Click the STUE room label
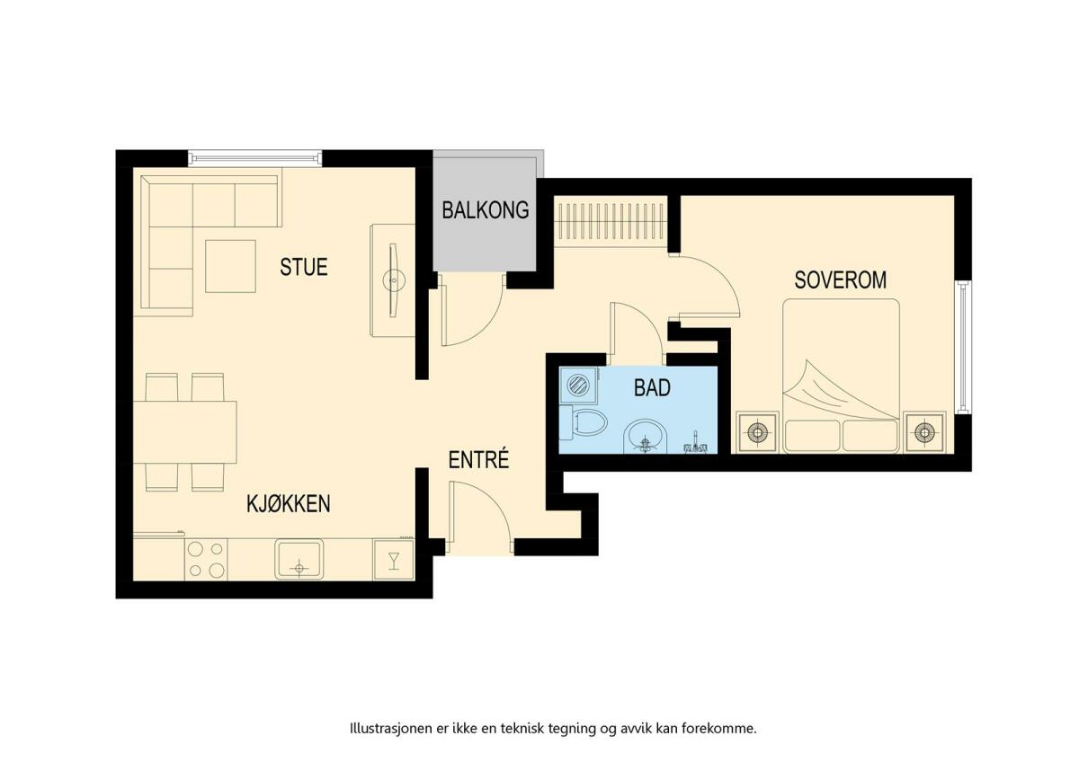tap(304, 267)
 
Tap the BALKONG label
tap(485, 210)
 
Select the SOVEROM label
tap(840, 280)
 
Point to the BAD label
tap(652, 387)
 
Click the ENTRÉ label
tap(478, 460)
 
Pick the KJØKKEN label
tap(289, 504)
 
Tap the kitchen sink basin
tap(299, 559)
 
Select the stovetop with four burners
tap(206, 559)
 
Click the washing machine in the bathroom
tap(578, 385)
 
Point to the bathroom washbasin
tap(647, 437)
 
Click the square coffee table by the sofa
tap(230, 266)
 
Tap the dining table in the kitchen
tap(185, 432)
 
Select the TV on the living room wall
tap(394, 280)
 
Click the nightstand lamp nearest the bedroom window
tap(924, 432)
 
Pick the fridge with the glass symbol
tap(394, 560)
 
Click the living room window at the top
tap(254, 157)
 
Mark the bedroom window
tap(962, 347)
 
